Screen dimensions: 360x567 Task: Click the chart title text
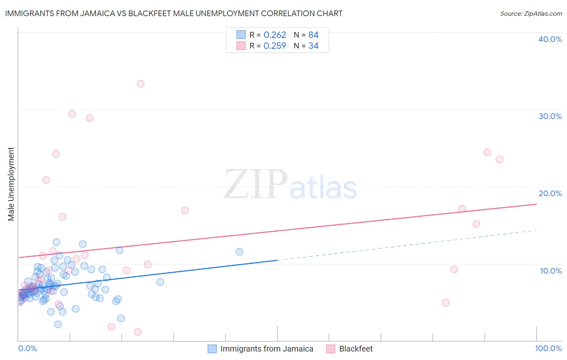point(173,13)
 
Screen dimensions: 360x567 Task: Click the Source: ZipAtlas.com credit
point(531,13)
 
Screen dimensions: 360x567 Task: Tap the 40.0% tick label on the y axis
point(550,39)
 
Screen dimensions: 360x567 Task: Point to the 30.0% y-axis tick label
point(550,116)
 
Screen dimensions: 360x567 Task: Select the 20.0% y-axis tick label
point(550,193)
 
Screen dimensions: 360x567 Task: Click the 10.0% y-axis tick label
point(551,271)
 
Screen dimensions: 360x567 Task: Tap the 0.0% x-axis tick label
point(27,348)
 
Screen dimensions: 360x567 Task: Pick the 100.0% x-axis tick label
point(548,348)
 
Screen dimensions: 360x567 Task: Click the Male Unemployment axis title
point(11,184)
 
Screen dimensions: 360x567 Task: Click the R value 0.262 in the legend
point(275,35)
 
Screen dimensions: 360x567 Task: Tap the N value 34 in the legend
point(313,46)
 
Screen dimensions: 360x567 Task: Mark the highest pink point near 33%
point(141,84)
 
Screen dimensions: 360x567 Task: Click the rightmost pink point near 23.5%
point(499,159)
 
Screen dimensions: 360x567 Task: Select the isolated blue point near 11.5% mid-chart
point(239,252)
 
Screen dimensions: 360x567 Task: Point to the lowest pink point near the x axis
point(138,332)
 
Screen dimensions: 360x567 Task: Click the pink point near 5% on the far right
point(446,303)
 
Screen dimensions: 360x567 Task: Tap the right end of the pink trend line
point(536,204)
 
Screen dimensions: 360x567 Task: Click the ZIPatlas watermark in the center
point(290,185)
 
